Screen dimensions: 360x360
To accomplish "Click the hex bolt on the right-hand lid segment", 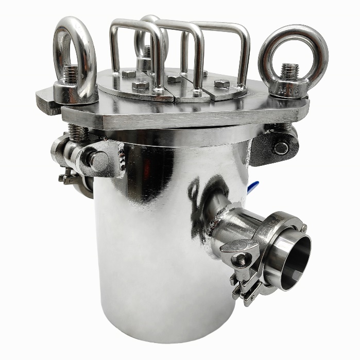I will [222, 83].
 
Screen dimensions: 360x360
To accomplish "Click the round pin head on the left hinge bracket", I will [98, 160].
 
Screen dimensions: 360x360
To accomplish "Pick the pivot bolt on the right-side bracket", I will [281, 148].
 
